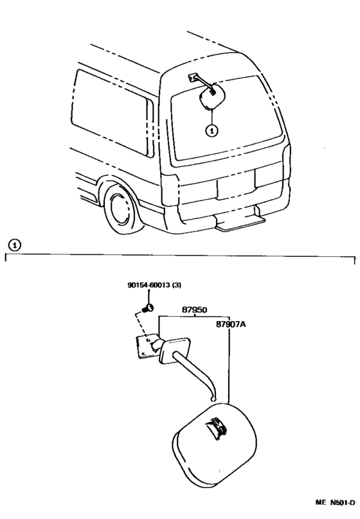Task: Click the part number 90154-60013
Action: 148,285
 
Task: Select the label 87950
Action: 194,310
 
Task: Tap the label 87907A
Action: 231,324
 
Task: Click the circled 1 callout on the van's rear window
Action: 212,130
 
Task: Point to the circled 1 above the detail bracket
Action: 14,245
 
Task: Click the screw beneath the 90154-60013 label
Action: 148,308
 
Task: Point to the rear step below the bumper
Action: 240,221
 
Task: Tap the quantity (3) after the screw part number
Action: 177,285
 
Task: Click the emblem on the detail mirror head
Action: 217,428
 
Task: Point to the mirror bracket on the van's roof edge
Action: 192,78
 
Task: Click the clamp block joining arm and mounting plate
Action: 174,350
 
